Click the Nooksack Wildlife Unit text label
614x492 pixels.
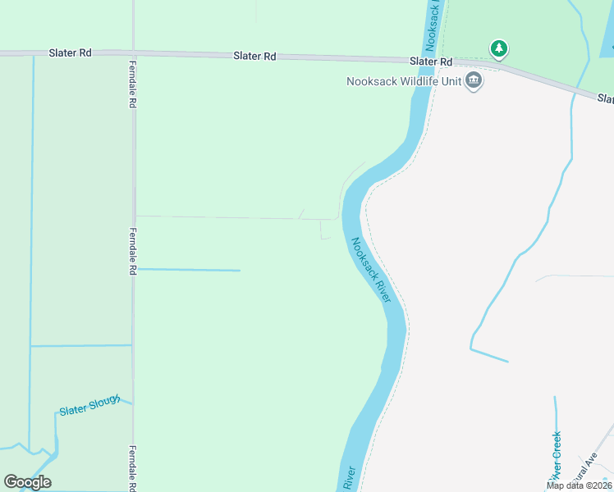click(x=403, y=81)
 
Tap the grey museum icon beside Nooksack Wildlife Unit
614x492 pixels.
click(x=474, y=80)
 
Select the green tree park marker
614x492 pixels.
click(x=498, y=49)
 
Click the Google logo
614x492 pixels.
click(x=27, y=482)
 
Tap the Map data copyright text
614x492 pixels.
click(x=580, y=485)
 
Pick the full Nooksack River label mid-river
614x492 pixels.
click(x=372, y=270)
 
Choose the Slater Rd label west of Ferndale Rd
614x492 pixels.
click(x=71, y=53)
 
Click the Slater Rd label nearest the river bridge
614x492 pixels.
click(x=432, y=61)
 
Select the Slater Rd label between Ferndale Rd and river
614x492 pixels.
click(x=254, y=57)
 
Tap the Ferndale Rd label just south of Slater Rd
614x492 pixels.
click(x=131, y=84)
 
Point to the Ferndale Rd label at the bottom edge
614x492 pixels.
click(x=131, y=469)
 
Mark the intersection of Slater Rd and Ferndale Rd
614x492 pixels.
click(x=133, y=54)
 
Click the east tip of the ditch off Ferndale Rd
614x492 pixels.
click(x=240, y=270)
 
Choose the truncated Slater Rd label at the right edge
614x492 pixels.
click(x=606, y=99)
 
